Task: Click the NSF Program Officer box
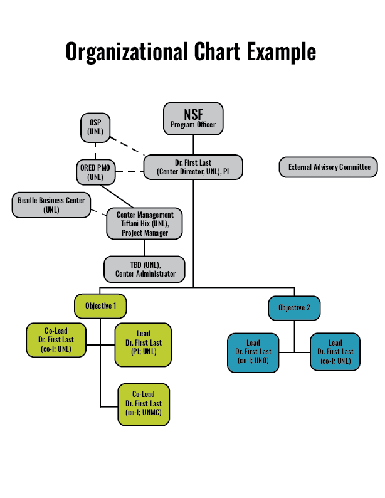pyautogui.click(x=193, y=119)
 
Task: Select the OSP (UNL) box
pyautogui.click(x=95, y=127)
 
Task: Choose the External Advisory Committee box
pyautogui.click(x=329, y=167)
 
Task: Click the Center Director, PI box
pyautogui.click(x=193, y=167)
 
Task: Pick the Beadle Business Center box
pyautogui.click(x=51, y=205)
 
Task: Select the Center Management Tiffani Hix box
pyautogui.click(x=145, y=224)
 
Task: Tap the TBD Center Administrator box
pyautogui.click(x=145, y=269)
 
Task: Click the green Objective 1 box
pyautogui.click(x=100, y=305)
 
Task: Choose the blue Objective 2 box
pyautogui.click(x=295, y=307)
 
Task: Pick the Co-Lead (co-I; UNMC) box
pyautogui.click(x=144, y=404)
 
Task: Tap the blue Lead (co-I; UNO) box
pyautogui.click(x=253, y=352)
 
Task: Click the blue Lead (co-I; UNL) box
pyautogui.click(x=335, y=352)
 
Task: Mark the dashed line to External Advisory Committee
pyautogui.click(x=261, y=167)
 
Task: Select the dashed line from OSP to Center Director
pyautogui.click(x=127, y=145)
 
